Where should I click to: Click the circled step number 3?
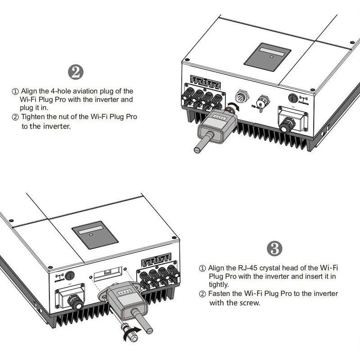click(274, 248)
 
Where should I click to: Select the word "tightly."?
click(219, 285)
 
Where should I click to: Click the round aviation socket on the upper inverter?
click(243, 96)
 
